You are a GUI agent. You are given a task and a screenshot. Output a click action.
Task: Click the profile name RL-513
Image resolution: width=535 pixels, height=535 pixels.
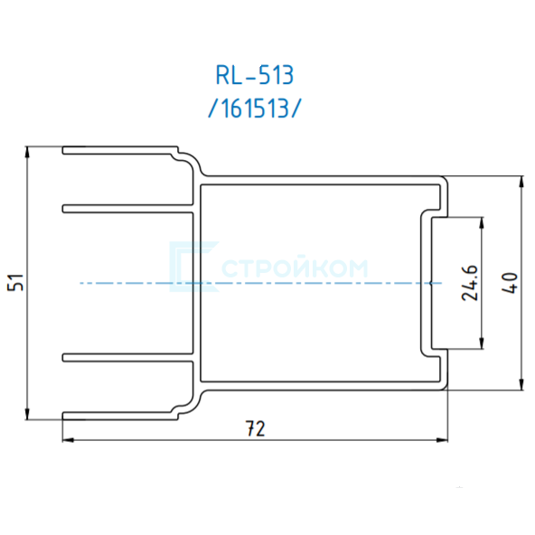coord(255,75)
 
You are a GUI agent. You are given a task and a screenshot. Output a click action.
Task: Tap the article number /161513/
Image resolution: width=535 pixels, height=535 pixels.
coord(255,108)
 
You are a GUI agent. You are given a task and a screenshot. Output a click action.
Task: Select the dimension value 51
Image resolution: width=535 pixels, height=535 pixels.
coord(15,283)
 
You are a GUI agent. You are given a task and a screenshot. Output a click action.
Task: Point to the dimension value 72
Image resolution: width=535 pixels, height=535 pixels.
coord(255,428)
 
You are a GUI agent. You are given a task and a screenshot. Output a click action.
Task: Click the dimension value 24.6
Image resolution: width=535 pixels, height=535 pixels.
coord(470,283)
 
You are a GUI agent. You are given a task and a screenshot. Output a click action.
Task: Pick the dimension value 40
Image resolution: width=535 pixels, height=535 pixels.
coord(510,283)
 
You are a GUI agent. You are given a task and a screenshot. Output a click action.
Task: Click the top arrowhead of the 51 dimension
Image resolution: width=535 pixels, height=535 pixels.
coord(27,152)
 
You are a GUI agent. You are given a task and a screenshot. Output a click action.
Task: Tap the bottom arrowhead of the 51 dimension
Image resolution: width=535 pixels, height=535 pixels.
coord(27,414)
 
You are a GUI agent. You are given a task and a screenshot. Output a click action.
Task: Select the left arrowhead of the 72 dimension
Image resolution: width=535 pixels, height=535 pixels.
coord(69,440)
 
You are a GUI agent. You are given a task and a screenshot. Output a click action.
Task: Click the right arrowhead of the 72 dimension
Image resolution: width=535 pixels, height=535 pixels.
coord(442,440)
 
